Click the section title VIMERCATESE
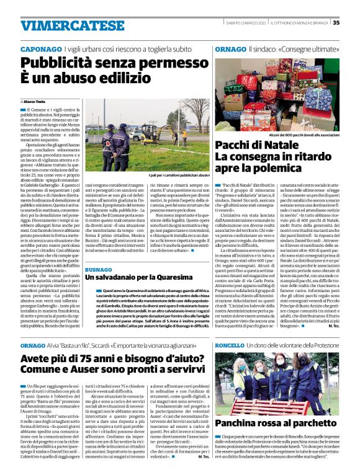(64, 25)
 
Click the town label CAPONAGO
(41, 48)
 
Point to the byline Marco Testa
(35, 100)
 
